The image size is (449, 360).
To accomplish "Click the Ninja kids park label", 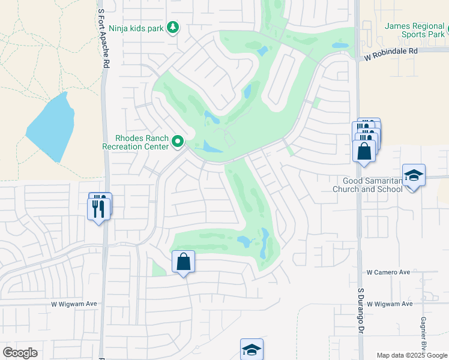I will tap(137, 28).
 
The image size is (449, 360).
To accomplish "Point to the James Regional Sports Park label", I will tap(414, 30).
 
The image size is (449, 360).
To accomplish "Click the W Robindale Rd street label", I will tap(391, 52).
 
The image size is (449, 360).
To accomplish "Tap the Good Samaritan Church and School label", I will tap(372, 185).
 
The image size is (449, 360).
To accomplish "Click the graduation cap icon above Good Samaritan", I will tap(414, 175).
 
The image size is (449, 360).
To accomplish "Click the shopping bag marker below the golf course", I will tap(184, 262).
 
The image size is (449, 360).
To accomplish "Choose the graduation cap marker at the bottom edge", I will tap(252, 349).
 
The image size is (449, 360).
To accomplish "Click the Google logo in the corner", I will tap(20, 353).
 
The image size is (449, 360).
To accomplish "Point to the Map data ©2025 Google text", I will tap(412, 355).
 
